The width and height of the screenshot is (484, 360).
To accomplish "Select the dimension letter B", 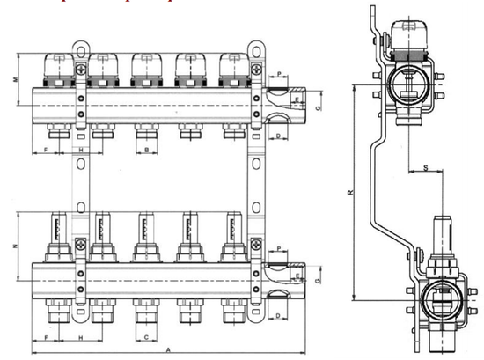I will point(145,151).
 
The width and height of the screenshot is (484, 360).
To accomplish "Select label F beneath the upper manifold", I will point(45,151).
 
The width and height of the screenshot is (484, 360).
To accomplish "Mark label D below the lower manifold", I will point(278,314).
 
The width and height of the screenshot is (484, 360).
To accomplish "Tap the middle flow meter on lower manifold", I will point(145,238).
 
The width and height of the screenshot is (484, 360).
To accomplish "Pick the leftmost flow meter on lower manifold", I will point(58,238).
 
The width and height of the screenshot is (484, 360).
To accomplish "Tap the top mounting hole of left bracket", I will point(80,45).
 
